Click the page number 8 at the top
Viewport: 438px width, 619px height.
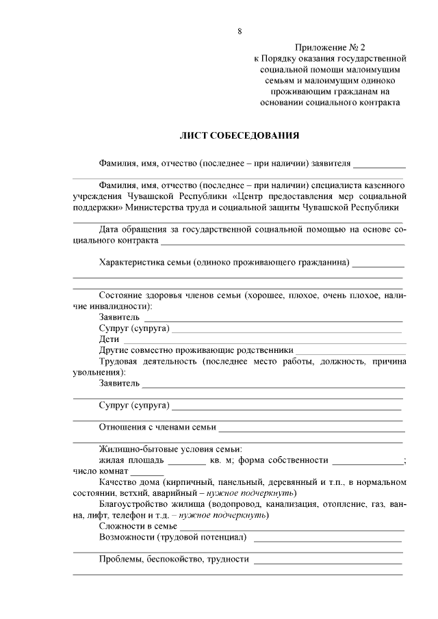(x=240, y=31)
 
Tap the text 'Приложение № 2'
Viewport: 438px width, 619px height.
(x=330, y=47)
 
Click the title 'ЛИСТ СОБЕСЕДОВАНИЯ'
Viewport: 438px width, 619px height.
(x=239, y=135)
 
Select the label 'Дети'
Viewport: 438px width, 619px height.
(x=109, y=339)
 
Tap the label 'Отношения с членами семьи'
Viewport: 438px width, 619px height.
(x=157, y=427)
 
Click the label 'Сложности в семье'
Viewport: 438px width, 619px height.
(x=138, y=526)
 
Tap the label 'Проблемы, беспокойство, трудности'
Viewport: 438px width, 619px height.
(x=174, y=559)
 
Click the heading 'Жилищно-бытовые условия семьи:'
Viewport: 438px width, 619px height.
(x=170, y=449)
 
